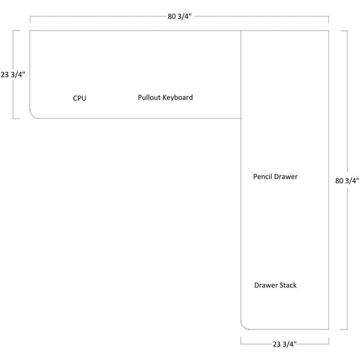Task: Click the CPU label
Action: (x=79, y=98)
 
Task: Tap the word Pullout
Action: (x=149, y=97)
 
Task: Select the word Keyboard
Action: (x=177, y=97)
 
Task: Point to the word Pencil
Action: (x=263, y=176)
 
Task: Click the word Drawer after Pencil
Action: (x=286, y=176)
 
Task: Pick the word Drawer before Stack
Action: (x=265, y=285)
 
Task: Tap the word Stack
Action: (x=288, y=285)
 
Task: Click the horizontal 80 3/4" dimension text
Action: (x=179, y=16)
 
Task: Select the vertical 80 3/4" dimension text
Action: (x=347, y=180)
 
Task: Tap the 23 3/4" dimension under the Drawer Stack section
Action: (x=285, y=343)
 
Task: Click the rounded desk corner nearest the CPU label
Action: (x=33, y=115)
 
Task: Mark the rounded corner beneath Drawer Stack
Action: (x=245, y=326)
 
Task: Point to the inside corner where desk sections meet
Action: (x=241, y=118)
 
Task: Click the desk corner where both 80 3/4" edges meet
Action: (x=328, y=30)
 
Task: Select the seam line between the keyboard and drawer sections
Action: (x=241, y=75)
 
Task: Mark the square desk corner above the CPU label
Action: (x=30, y=30)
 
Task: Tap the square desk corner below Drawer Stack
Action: (x=328, y=329)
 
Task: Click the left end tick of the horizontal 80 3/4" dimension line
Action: (x=30, y=19)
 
